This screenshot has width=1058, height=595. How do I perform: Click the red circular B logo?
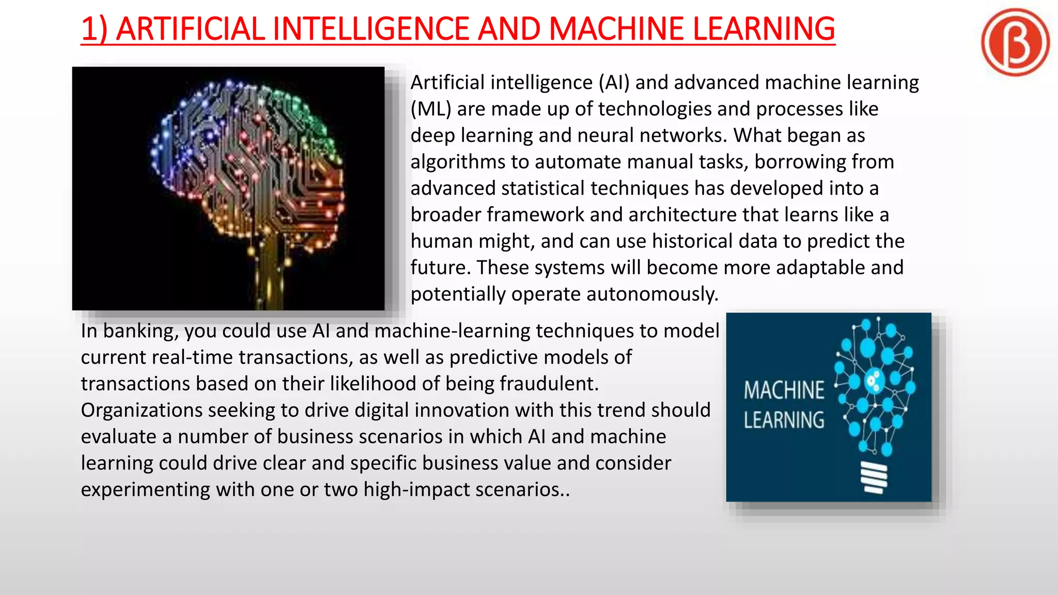[x=1015, y=42]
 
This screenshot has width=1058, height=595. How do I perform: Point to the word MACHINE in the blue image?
[x=784, y=390]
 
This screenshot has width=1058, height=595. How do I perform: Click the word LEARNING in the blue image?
[x=784, y=420]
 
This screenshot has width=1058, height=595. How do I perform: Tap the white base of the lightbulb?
[x=874, y=478]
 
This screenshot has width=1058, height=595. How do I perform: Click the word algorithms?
[x=458, y=162]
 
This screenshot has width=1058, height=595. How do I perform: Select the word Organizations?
[x=142, y=410]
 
